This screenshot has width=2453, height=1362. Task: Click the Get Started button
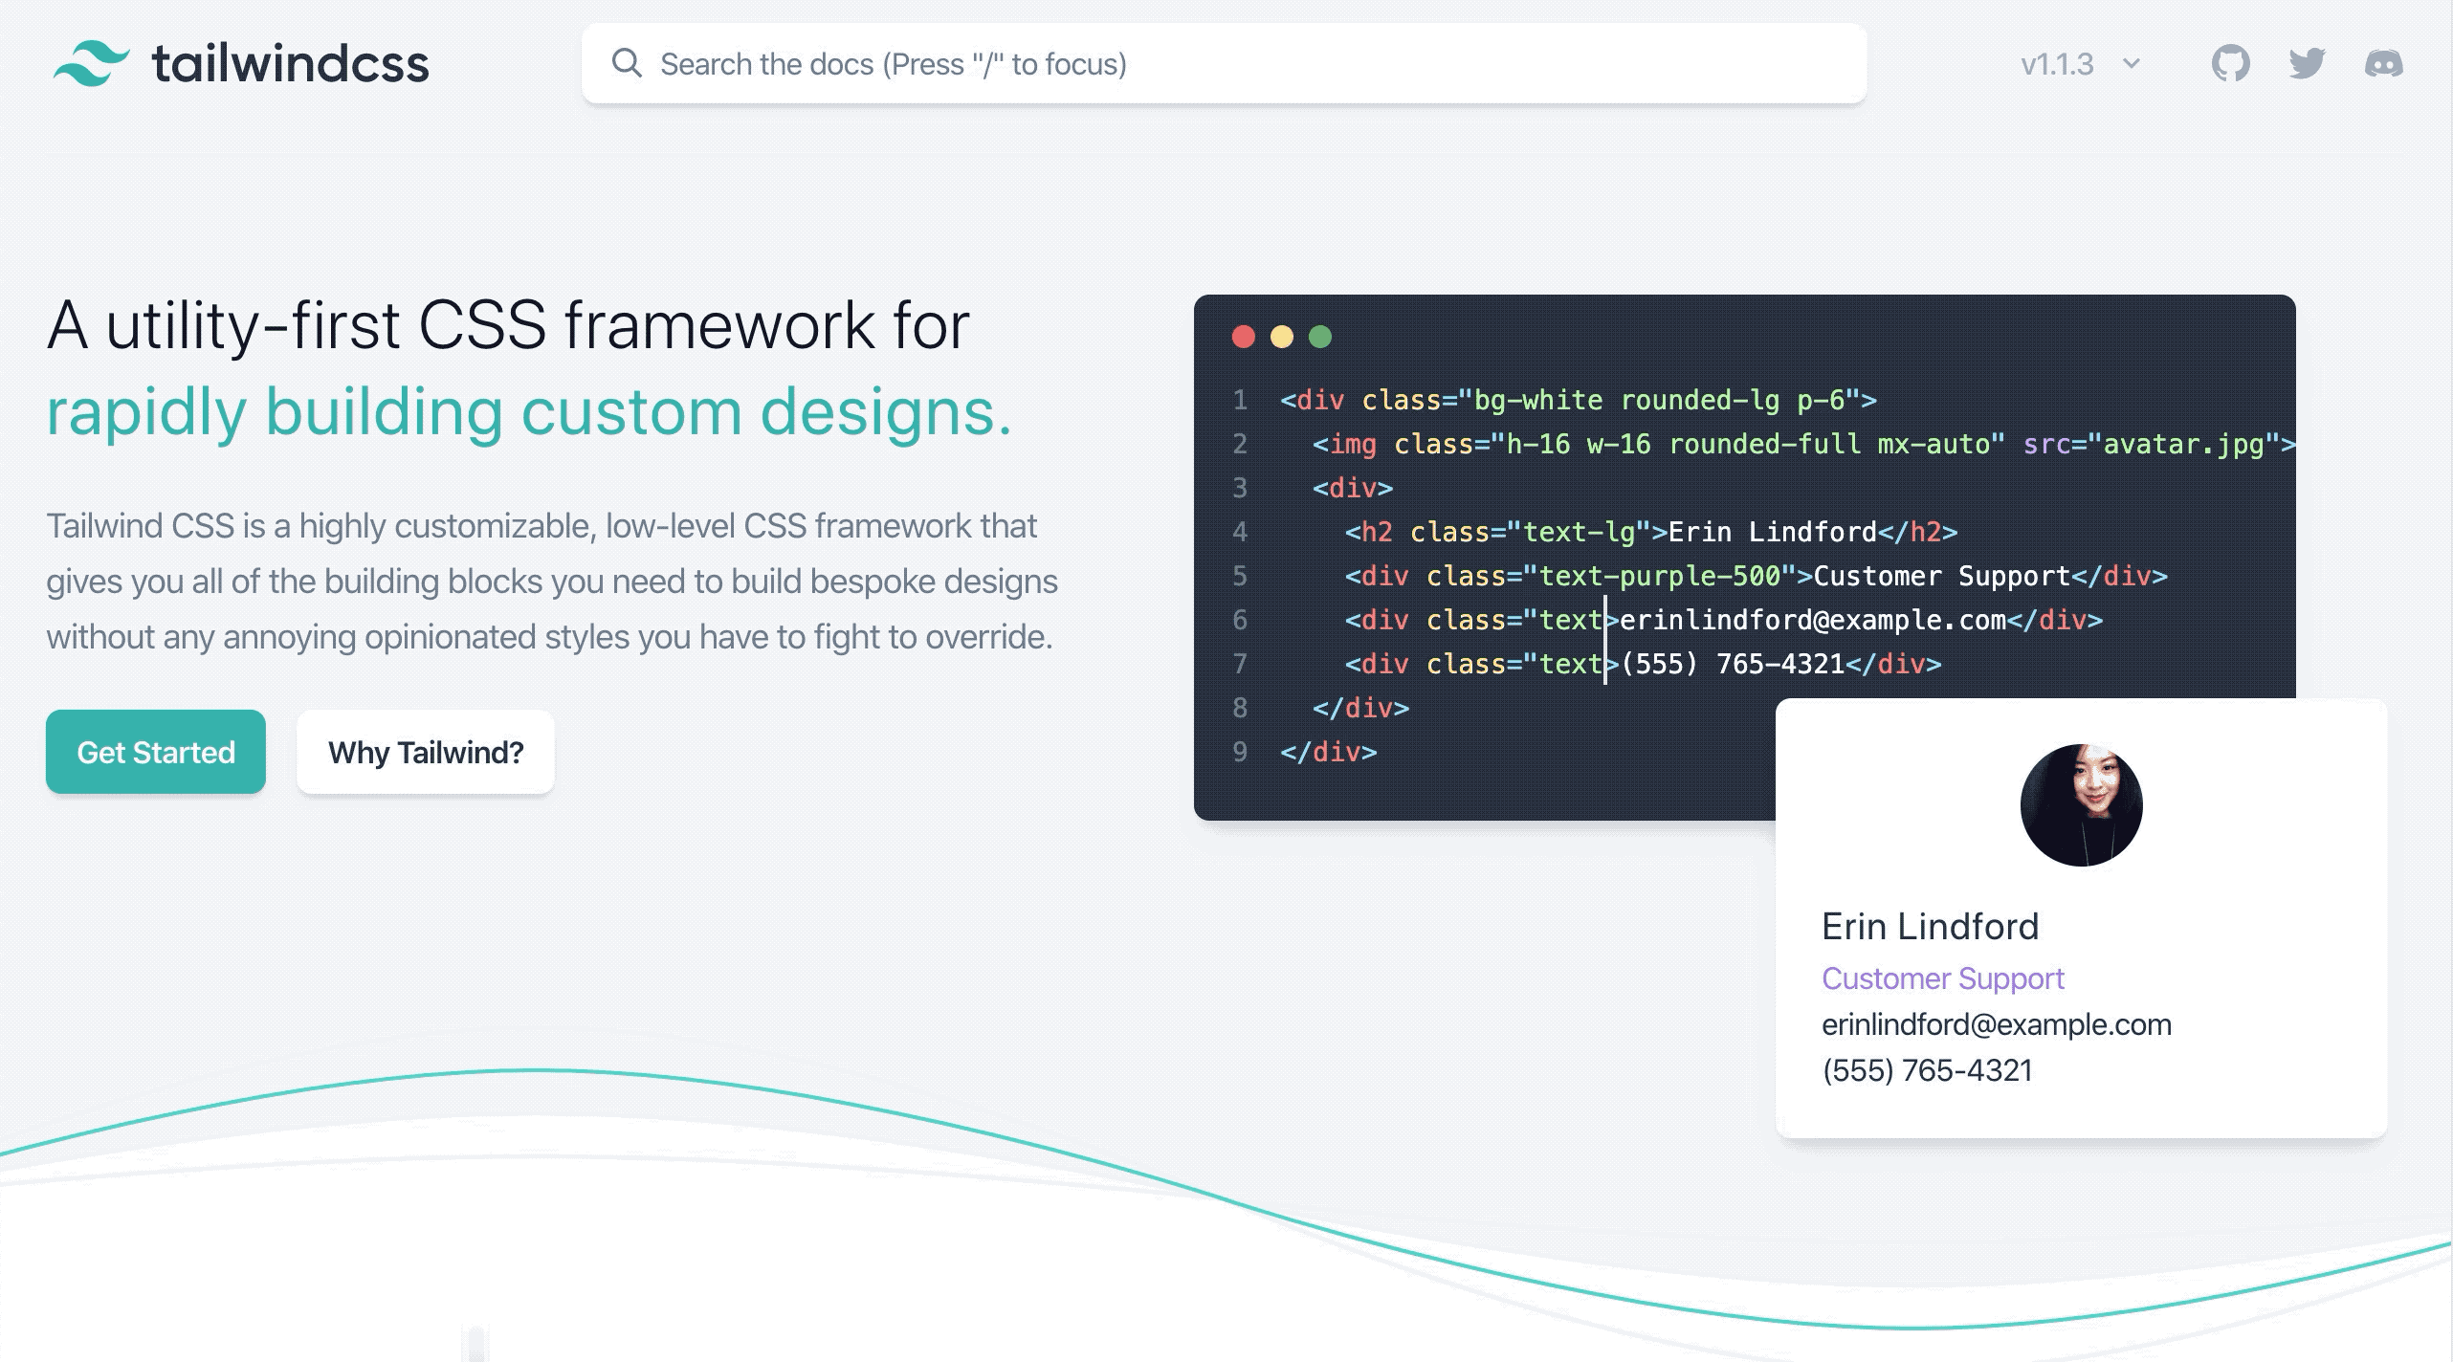coord(156,752)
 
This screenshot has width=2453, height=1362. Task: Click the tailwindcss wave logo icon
coord(92,64)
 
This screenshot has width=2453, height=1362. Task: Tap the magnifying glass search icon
coord(627,63)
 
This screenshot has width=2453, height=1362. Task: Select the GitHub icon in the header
coord(2230,64)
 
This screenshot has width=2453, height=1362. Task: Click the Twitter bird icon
coord(2307,64)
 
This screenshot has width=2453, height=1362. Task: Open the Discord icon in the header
coord(2383,64)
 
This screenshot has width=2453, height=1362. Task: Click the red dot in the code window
coord(1243,337)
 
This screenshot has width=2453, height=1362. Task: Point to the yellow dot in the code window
coord(1282,337)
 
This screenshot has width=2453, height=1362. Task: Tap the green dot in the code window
coord(1320,337)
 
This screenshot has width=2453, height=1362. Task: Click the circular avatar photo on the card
coord(2081,805)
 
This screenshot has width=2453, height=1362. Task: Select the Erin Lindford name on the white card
coord(1930,926)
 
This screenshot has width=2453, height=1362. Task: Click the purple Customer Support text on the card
coord(1943,978)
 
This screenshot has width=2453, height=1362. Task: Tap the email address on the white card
coord(1997,1024)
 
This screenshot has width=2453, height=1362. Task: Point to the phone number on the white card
coord(1927,1069)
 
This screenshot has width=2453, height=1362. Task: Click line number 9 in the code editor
coord(1240,752)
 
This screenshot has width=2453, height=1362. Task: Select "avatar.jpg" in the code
coord(2183,444)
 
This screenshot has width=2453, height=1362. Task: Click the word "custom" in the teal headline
coord(631,411)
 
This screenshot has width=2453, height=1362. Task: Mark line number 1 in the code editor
coord(1240,400)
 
